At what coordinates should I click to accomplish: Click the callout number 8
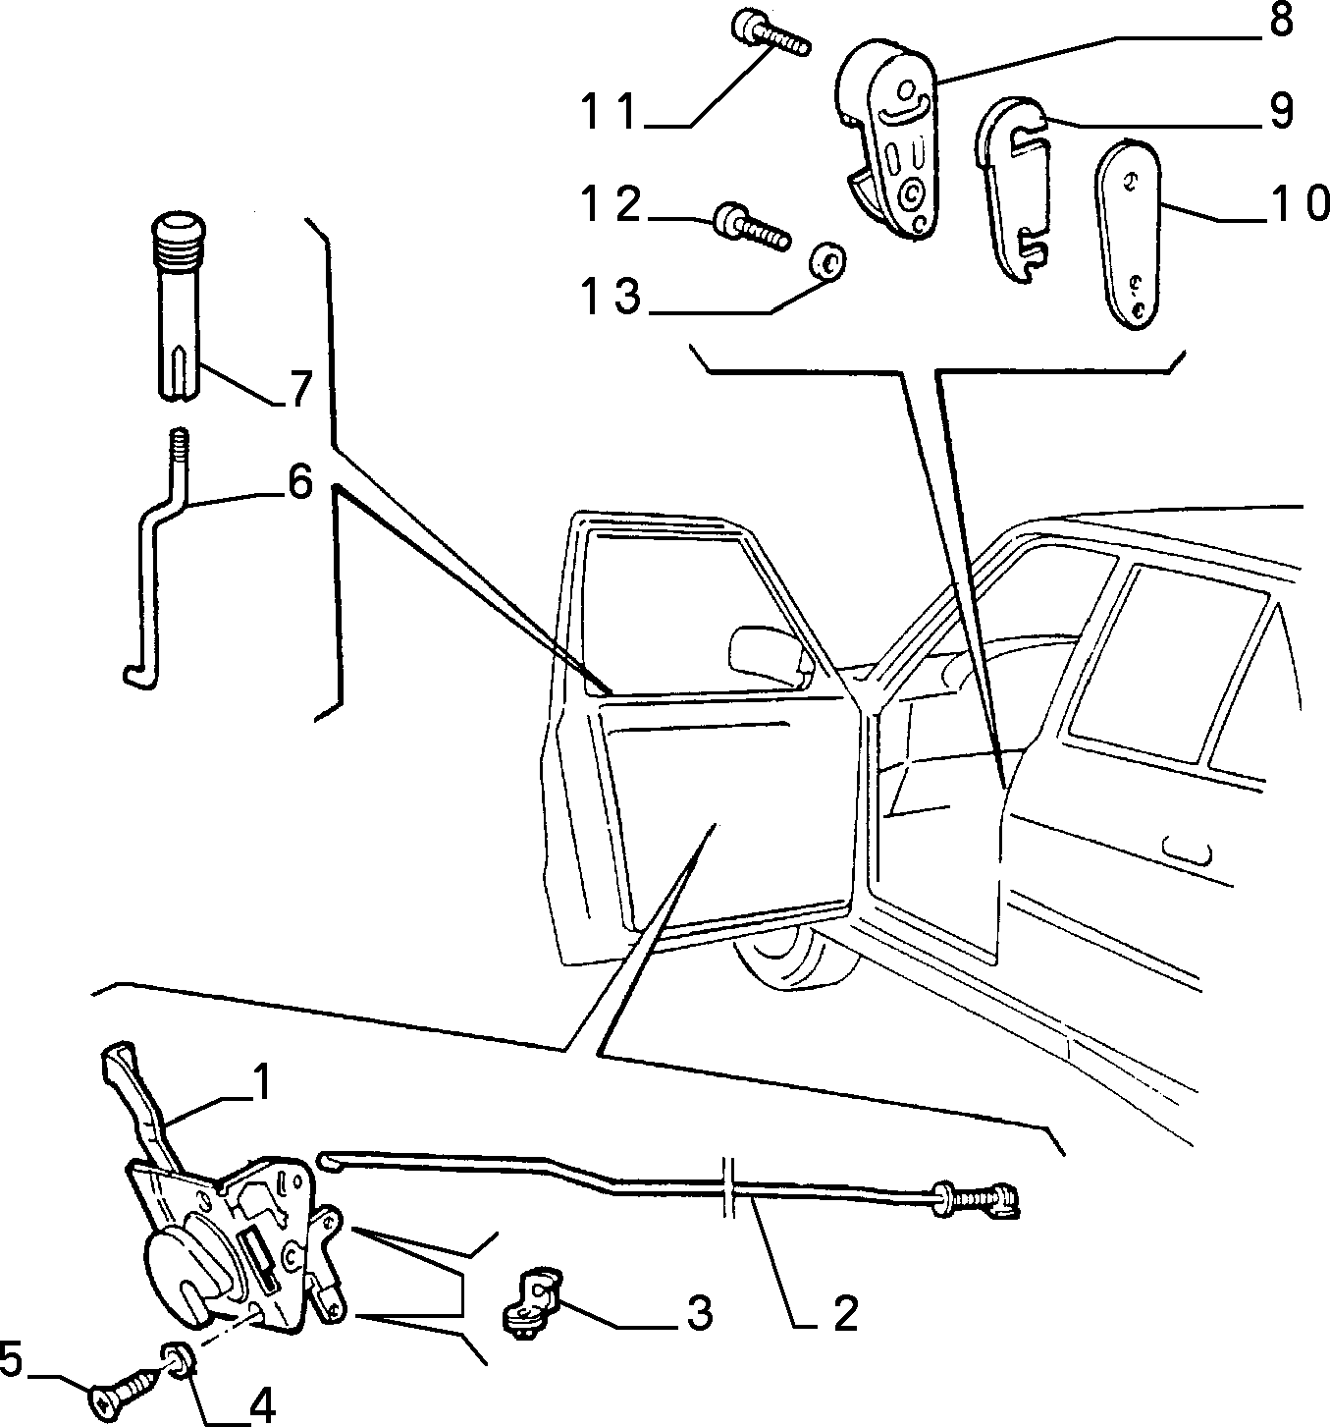click(x=1281, y=20)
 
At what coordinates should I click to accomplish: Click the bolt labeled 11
click(x=770, y=35)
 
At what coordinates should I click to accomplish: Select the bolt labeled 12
click(x=752, y=226)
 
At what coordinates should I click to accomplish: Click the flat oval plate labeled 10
click(x=1127, y=234)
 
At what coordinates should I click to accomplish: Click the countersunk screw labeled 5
click(x=126, y=1387)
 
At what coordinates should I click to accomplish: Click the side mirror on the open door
click(x=770, y=652)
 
